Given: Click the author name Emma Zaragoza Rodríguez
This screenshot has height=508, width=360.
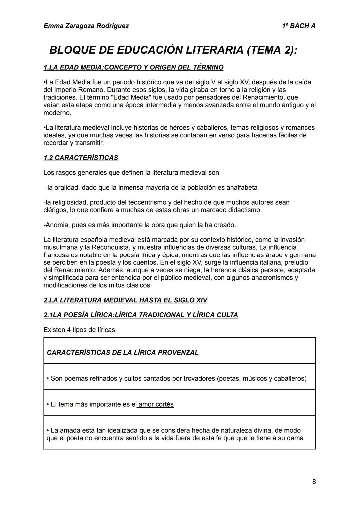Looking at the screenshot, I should click(x=86, y=26).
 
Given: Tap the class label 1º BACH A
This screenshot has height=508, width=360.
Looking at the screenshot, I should click(x=298, y=26).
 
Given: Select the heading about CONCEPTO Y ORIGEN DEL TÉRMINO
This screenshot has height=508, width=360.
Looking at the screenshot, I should click(x=133, y=67).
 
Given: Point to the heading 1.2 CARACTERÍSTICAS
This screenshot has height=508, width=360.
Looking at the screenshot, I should click(x=81, y=158).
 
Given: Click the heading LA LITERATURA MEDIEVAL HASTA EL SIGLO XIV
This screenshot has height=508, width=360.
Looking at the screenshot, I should click(x=125, y=300).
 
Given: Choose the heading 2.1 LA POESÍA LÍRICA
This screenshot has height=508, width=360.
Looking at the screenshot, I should click(x=141, y=315).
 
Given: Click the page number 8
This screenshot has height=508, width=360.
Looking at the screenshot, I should click(x=314, y=482).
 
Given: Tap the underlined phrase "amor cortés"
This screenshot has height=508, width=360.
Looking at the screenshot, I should click(x=156, y=404).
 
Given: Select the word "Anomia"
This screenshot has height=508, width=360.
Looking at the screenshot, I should click(x=57, y=225).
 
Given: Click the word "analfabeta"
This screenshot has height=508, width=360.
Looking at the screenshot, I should click(x=242, y=188).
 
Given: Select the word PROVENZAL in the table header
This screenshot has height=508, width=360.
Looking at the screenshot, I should click(x=178, y=353).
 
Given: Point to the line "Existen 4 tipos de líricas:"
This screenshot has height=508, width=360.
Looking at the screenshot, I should click(x=80, y=330).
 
